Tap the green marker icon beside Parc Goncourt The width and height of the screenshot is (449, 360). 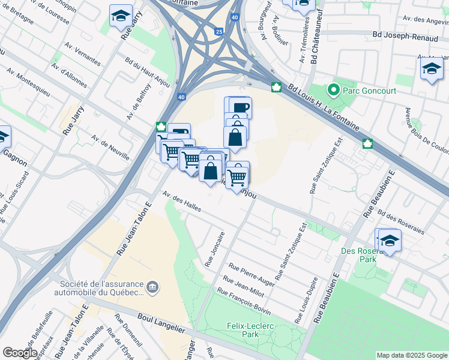pos(333,91)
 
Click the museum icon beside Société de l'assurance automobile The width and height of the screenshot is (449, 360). pos(153,287)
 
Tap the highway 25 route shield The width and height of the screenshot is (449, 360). pos(218,31)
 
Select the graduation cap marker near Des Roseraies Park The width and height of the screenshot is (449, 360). pos(390,241)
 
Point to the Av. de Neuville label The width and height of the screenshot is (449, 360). pos(110,147)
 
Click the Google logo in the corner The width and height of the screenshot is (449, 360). pos(20,352)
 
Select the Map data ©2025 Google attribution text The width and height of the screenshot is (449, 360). pos(411,355)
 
